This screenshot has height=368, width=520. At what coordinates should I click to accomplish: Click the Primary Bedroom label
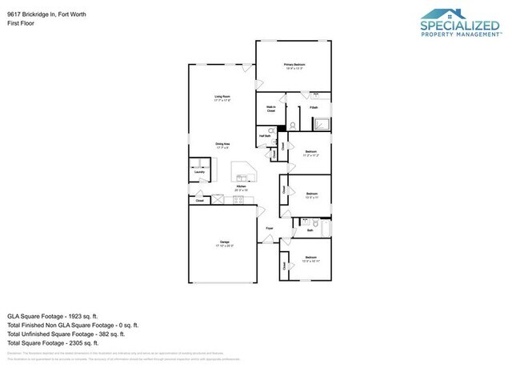click(295, 64)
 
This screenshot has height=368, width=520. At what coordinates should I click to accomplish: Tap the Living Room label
click(222, 98)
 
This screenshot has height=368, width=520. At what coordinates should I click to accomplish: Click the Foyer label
click(270, 227)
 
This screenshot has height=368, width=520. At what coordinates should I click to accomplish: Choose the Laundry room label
click(199, 171)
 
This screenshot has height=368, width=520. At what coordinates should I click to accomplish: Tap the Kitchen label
click(239, 187)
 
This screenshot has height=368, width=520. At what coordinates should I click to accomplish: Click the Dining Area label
click(222, 145)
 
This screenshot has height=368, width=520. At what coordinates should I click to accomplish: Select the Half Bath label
click(264, 137)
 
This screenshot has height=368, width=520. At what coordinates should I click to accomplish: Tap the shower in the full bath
click(322, 123)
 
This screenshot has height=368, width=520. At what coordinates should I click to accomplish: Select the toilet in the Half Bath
click(271, 129)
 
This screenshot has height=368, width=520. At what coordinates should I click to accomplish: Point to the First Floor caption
click(19, 23)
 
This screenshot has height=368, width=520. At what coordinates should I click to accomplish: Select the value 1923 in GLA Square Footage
click(78, 316)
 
